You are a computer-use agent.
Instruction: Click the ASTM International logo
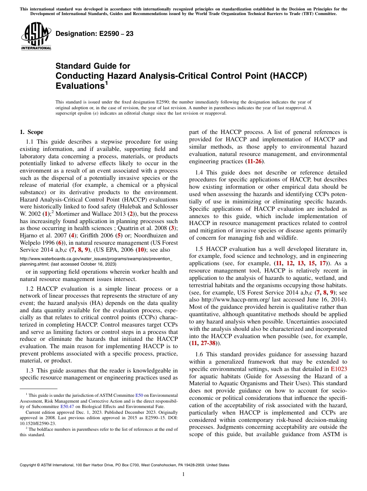click(36, 36)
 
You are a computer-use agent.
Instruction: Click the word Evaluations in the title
click(80, 86)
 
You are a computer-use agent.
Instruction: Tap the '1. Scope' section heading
click(31, 132)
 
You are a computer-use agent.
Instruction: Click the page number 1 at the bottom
click(183, 474)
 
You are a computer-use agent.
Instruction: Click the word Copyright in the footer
click(28, 465)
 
